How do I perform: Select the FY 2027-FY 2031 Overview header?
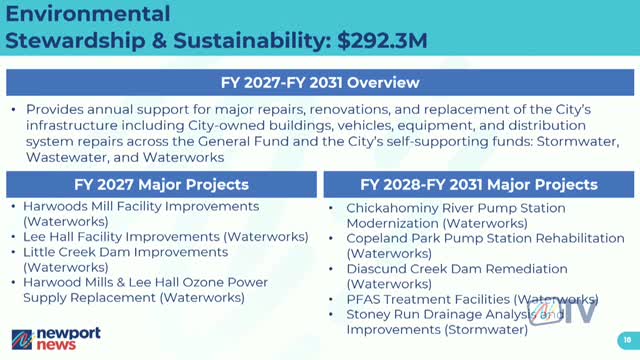(320, 82)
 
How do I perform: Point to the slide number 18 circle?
(625, 338)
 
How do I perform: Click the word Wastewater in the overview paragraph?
(71, 157)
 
